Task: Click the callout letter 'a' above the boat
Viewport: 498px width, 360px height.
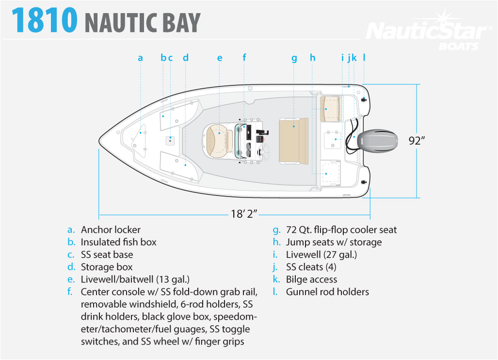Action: click(140, 58)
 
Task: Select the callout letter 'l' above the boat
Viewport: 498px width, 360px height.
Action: click(364, 58)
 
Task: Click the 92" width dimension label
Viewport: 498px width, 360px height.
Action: click(417, 141)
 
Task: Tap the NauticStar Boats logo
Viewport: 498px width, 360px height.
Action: click(426, 33)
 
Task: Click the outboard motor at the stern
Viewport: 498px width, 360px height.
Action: click(383, 141)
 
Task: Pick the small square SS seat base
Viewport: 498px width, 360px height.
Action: click(170, 141)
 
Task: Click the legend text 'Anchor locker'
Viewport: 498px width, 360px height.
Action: click(111, 229)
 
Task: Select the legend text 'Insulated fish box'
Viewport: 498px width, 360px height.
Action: click(118, 242)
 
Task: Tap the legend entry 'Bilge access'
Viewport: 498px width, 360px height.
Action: click(311, 279)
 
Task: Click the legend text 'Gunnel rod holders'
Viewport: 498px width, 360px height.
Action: click(327, 292)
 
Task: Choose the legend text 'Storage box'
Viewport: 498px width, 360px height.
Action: click(107, 267)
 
